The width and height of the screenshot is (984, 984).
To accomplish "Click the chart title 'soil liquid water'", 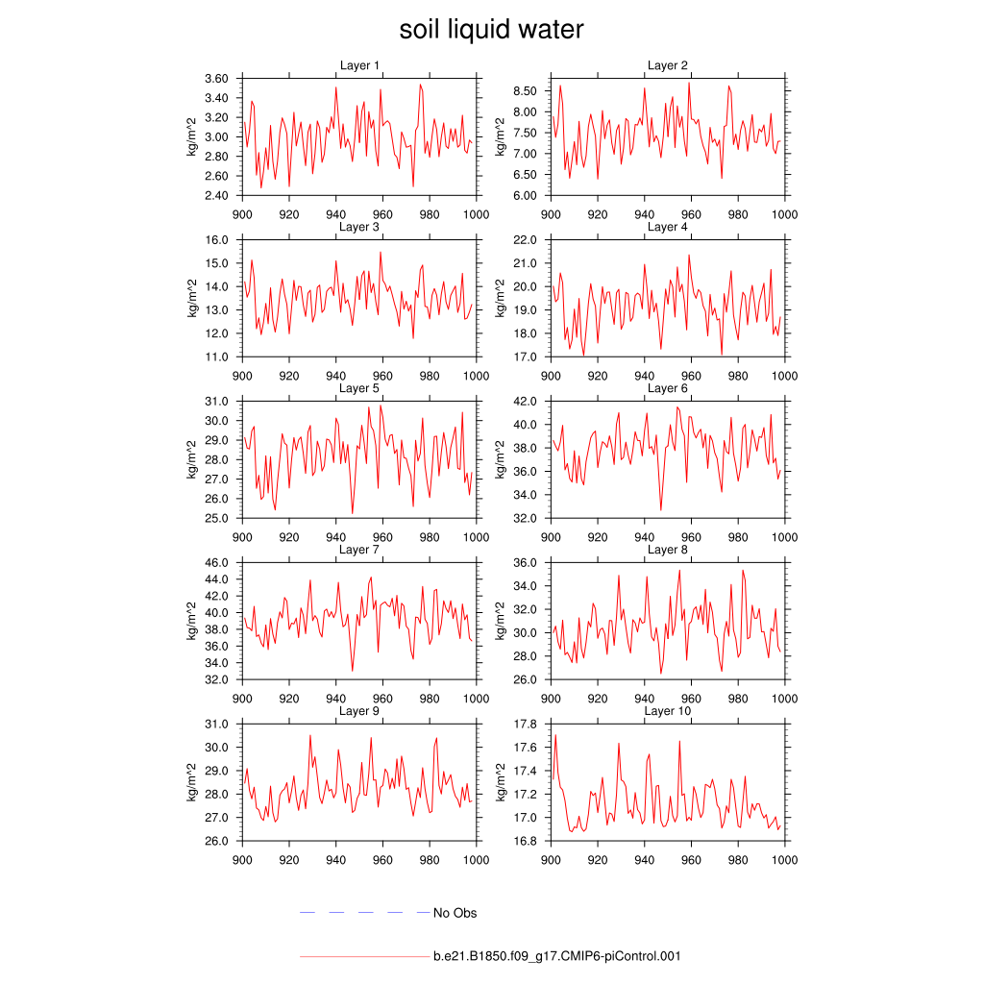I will click(x=492, y=30).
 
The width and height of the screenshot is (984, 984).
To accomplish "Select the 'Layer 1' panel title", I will click(x=360, y=65).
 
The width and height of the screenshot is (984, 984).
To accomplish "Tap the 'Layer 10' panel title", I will click(x=667, y=711).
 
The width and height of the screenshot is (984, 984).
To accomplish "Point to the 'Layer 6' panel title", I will click(x=667, y=388).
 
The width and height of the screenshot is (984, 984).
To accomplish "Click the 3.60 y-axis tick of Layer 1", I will click(x=216, y=78).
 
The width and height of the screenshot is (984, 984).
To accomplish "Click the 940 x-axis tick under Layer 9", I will click(x=335, y=860).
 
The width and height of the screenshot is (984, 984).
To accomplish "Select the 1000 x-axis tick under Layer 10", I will click(x=785, y=860).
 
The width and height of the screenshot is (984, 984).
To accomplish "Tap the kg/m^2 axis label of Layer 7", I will click(x=191, y=621).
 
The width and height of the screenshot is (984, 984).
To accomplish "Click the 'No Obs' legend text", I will click(x=455, y=913).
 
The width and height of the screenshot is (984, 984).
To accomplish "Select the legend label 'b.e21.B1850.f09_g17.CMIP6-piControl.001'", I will click(x=557, y=957).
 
